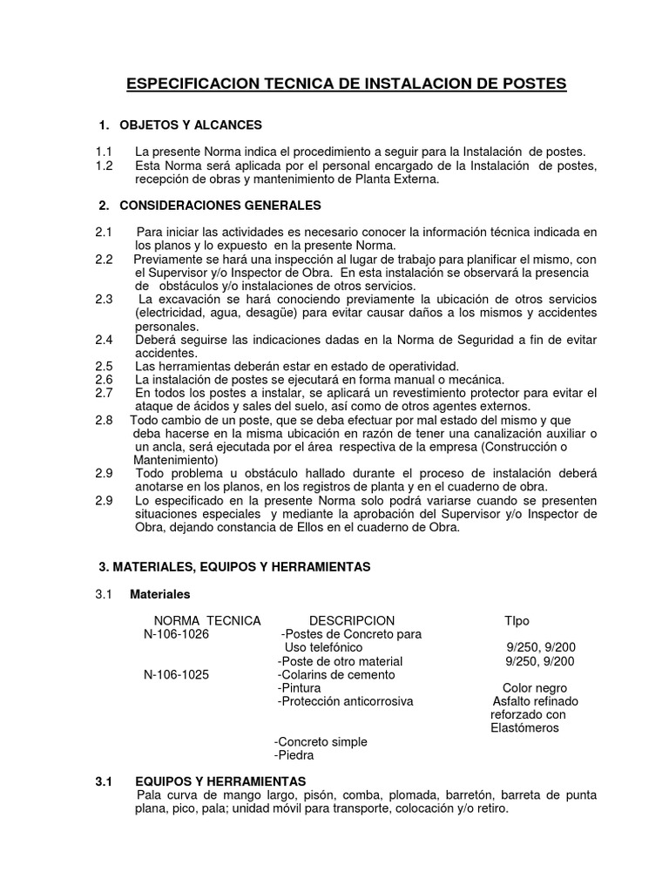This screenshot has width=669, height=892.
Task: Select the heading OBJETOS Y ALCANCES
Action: click(x=191, y=125)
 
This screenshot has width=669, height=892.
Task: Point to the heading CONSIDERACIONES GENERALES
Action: click(x=220, y=206)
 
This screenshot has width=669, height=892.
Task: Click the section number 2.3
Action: click(x=104, y=299)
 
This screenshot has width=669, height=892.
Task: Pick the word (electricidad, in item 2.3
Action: click(x=173, y=312)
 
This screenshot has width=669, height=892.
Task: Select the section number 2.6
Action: click(x=104, y=380)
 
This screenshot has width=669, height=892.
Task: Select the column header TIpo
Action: click(x=517, y=620)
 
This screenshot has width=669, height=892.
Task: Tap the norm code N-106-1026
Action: click(x=176, y=634)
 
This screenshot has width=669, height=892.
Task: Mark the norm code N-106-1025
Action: click(x=176, y=674)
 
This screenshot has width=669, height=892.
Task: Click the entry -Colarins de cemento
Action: click(x=335, y=674)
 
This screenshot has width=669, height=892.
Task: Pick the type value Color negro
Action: click(x=529, y=687)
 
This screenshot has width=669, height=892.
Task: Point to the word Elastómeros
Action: click(x=525, y=727)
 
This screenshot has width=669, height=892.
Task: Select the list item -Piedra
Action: click(x=294, y=755)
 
